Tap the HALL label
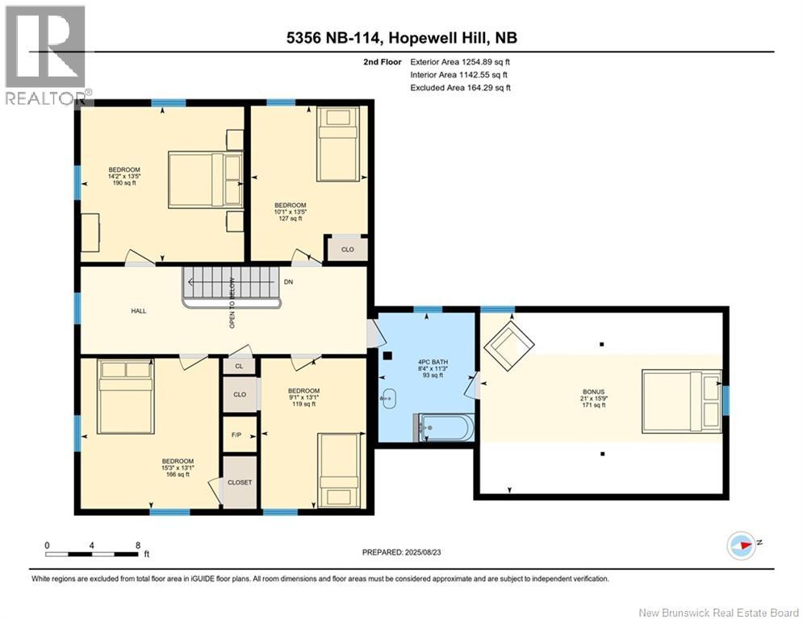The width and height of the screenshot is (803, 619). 139,310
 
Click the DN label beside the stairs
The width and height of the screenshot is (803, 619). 288,281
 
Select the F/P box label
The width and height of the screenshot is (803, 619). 237,435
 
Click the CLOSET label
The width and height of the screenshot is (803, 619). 240,482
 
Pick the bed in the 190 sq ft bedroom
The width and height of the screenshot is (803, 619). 204,180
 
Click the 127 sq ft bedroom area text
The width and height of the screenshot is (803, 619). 290,218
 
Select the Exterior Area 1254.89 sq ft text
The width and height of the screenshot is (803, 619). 460,61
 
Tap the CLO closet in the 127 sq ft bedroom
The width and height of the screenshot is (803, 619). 345,249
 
